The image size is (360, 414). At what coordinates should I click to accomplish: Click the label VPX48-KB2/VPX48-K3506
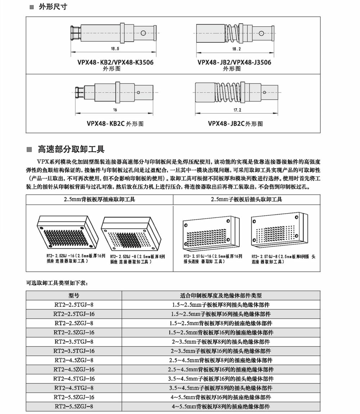pos(115,62)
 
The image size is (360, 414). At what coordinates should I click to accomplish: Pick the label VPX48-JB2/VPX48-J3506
pos(234,62)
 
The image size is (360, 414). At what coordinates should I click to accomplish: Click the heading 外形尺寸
pos(53,7)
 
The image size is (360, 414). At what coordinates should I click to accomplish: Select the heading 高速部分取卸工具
pos(71,149)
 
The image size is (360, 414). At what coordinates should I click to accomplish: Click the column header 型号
pos(74,295)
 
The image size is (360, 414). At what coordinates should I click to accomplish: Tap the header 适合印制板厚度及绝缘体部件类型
pos(221,295)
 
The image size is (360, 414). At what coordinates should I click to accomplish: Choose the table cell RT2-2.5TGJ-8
pos(74,305)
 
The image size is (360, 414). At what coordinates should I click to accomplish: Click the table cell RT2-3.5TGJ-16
pos(74,351)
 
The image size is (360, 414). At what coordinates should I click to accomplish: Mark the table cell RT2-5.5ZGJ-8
pos(74,406)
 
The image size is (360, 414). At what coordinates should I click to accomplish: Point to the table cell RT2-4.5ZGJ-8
pos(74,360)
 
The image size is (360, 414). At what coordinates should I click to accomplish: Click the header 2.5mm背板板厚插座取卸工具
pos(99,199)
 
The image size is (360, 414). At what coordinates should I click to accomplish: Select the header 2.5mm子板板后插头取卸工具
pos(247,199)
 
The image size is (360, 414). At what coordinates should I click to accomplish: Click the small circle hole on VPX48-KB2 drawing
pos(143,33)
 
